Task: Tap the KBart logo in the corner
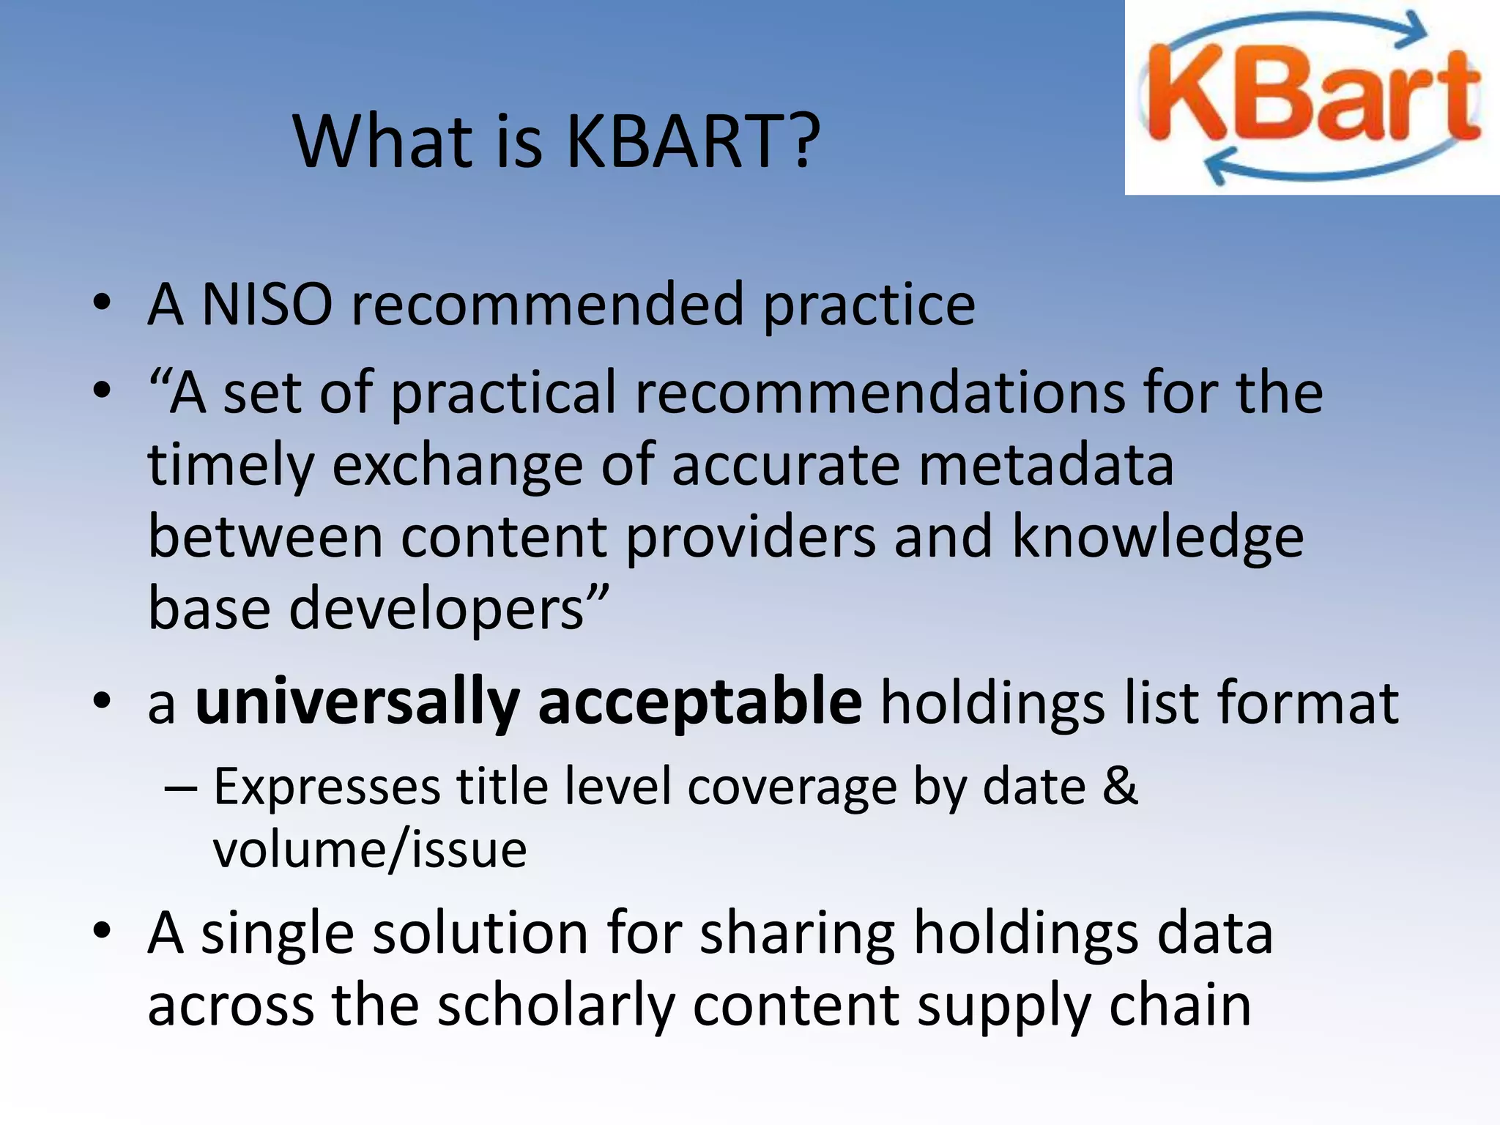pos(1312,97)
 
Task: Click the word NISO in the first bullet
pos(267,304)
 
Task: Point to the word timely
pos(231,466)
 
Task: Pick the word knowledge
pos(1157,537)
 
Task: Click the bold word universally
pos(357,702)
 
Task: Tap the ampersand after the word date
pos(1120,786)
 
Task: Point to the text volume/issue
pos(370,850)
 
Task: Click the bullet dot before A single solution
pos(102,931)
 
